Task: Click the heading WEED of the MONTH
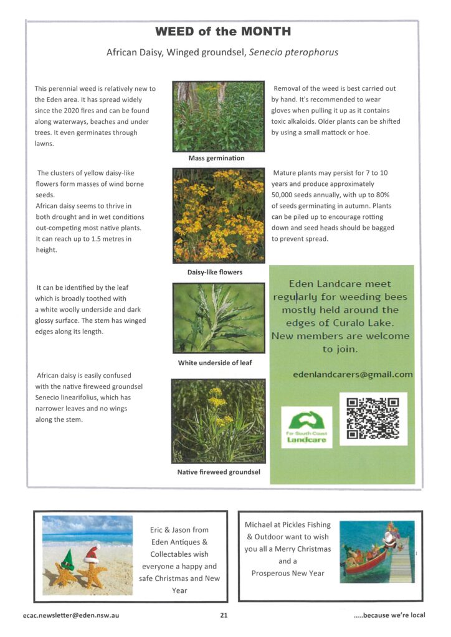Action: (222, 32)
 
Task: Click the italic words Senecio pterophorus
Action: (293, 52)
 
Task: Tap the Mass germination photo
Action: (218, 116)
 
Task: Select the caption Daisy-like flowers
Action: (215, 272)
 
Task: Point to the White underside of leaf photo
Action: (218, 318)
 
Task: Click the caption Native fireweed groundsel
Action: (218, 472)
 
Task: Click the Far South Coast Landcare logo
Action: (306, 427)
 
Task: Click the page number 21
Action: (224, 615)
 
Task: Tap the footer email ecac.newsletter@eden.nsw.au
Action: (69, 615)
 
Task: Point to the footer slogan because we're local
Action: (389, 615)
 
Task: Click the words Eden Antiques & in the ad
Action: (179, 542)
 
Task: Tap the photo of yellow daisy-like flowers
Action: (218, 215)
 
